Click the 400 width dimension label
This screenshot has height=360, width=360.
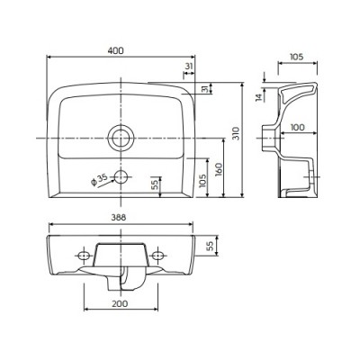(x=115, y=50)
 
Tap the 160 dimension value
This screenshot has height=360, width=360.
(x=219, y=169)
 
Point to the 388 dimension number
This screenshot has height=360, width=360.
(x=118, y=218)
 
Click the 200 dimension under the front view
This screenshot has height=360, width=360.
(x=120, y=303)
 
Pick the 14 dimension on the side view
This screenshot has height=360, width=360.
(x=259, y=97)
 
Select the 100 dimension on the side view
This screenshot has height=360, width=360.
(x=297, y=127)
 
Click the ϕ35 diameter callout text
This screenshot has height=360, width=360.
(x=99, y=180)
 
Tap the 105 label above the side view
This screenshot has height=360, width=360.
(x=297, y=57)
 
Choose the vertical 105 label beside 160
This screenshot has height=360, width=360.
(x=203, y=181)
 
